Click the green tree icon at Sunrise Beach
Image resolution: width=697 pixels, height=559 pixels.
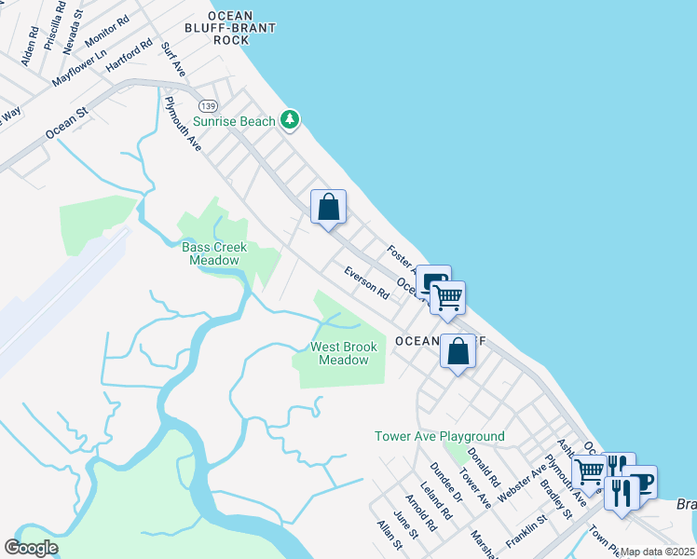click(291, 120)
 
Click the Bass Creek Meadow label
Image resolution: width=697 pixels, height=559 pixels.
click(210, 253)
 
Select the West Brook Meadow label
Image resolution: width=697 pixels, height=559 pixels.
click(344, 353)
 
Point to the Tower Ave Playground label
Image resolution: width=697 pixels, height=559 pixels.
click(440, 436)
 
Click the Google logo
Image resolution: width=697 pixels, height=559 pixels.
click(31, 548)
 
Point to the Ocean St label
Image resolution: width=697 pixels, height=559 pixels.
click(66, 122)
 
